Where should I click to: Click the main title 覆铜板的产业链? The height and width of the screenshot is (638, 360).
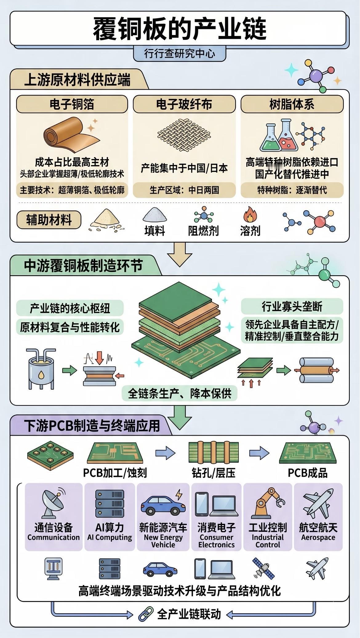click(x=180, y=29)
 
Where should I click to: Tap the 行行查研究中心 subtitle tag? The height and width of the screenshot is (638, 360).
click(x=180, y=54)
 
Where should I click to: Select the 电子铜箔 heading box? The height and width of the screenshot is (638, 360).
click(x=72, y=104)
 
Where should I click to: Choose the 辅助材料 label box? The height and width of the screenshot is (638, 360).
click(x=49, y=220)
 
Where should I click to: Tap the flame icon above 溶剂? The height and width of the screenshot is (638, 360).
click(x=250, y=215)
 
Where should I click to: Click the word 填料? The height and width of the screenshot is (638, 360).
click(x=155, y=231)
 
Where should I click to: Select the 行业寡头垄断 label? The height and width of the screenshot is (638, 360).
click(x=292, y=307)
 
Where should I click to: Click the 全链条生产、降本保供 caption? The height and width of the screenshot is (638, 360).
click(x=180, y=393)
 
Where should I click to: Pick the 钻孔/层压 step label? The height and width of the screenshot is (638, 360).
click(x=214, y=473)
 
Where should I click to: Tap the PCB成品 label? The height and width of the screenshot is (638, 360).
click(x=307, y=473)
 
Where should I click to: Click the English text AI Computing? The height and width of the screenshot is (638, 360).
click(x=110, y=537)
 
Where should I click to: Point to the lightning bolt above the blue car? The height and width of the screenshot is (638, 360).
click(x=179, y=494)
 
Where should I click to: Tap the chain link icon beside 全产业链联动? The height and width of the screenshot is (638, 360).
click(x=146, y=614)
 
